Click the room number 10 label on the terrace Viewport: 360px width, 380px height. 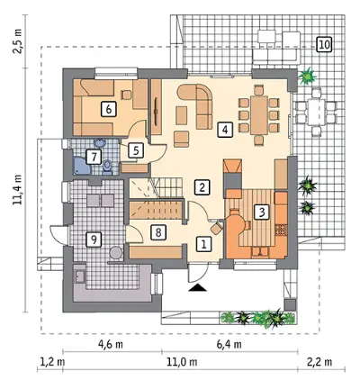pyautogui.click(x=324, y=45)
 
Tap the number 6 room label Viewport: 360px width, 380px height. pyautogui.click(x=109, y=109)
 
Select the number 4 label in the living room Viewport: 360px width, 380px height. pyautogui.click(x=225, y=130)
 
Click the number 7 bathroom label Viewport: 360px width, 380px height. pyautogui.click(x=94, y=157)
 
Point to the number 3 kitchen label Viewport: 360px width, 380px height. pyautogui.click(x=262, y=213)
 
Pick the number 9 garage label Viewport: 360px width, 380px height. pyautogui.click(x=94, y=240)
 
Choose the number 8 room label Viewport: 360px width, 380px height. pyautogui.click(x=158, y=232)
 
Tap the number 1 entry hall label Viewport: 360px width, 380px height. pyautogui.click(x=203, y=244)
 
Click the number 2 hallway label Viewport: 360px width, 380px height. pyautogui.click(x=202, y=187)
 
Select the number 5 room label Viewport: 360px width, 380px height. pyautogui.click(x=136, y=150)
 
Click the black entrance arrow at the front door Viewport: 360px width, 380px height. pyautogui.click(x=198, y=288)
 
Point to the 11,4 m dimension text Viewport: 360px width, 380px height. pyautogui.click(x=17, y=190)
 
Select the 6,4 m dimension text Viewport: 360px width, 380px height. pyautogui.click(x=229, y=344)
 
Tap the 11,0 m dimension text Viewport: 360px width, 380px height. pyautogui.click(x=182, y=362)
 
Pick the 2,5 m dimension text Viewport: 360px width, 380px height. pyautogui.click(x=17, y=41)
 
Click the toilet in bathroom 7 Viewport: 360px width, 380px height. pyautogui.click(x=107, y=167)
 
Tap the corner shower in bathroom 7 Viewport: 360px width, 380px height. pyautogui.click(x=82, y=166)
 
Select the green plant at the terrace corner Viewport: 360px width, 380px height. pyautogui.click(x=307, y=76)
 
